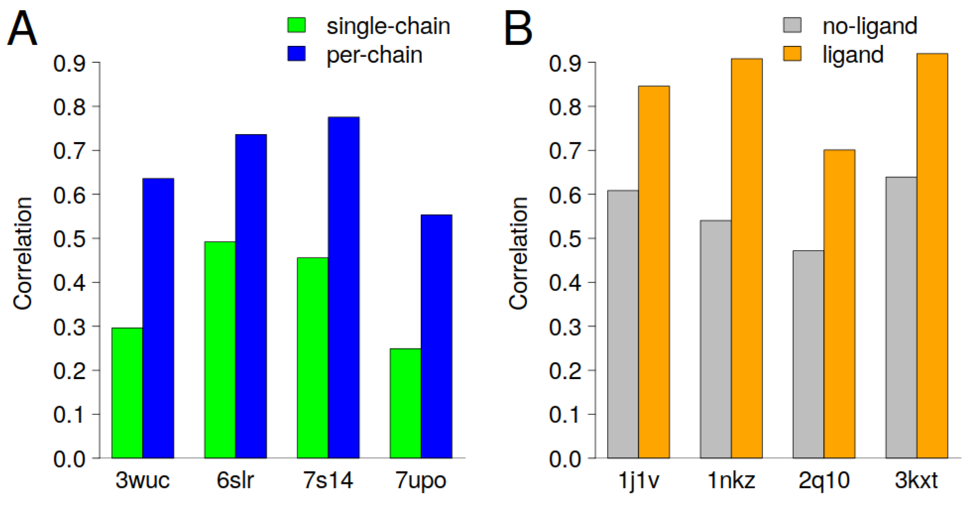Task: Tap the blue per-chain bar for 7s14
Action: tap(343, 287)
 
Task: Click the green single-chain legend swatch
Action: tap(297, 25)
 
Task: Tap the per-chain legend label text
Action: tap(374, 55)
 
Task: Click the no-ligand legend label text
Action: tap(870, 26)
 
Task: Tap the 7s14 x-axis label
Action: tap(328, 480)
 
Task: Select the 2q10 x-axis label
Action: tap(824, 480)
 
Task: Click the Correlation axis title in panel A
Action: tap(23, 253)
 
